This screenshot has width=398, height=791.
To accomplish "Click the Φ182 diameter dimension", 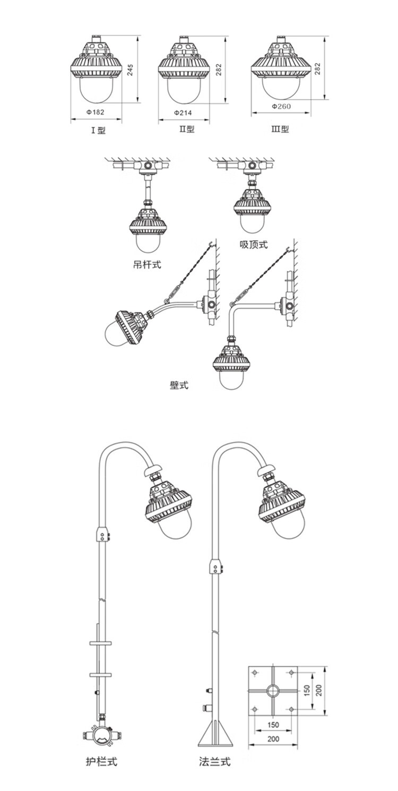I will click(x=95, y=112).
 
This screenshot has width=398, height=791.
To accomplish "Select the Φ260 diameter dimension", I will click(x=281, y=106).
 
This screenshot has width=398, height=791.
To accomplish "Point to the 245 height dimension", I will click(x=131, y=70).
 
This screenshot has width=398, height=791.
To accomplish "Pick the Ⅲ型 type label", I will click(x=280, y=129).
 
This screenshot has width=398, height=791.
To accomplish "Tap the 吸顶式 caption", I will click(x=254, y=244).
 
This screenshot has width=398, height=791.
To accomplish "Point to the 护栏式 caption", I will click(x=101, y=762).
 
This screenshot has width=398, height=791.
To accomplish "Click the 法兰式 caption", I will click(x=214, y=762).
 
